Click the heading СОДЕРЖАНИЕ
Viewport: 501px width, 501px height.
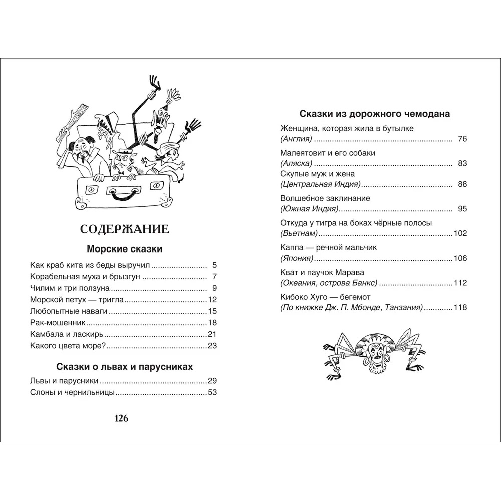125,229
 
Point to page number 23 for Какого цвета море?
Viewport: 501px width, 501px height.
212,346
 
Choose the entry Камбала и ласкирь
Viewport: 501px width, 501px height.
67,334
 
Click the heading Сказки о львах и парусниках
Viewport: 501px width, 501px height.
125,367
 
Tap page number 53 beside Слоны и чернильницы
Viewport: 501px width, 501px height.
212,392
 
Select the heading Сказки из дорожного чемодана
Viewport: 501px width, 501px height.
374,114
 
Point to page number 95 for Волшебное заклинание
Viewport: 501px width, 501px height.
462,208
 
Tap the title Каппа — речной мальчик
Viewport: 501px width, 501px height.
328,247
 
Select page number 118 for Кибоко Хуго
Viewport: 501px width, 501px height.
460,307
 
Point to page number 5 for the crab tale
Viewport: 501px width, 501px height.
214,265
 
